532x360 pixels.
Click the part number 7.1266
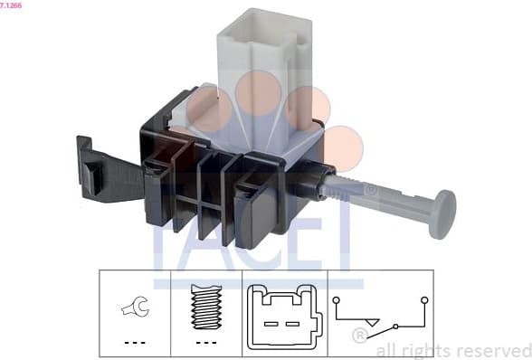pyautogui.click(x=12, y=5)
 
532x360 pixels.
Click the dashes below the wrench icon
pyautogui.click(x=134, y=342)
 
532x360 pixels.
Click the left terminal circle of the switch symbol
pyautogui.click(x=336, y=298)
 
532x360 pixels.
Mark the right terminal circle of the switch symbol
pyautogui.click(x=423, y=298)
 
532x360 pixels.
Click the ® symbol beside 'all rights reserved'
pyautogui.click(x=359, y=336)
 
